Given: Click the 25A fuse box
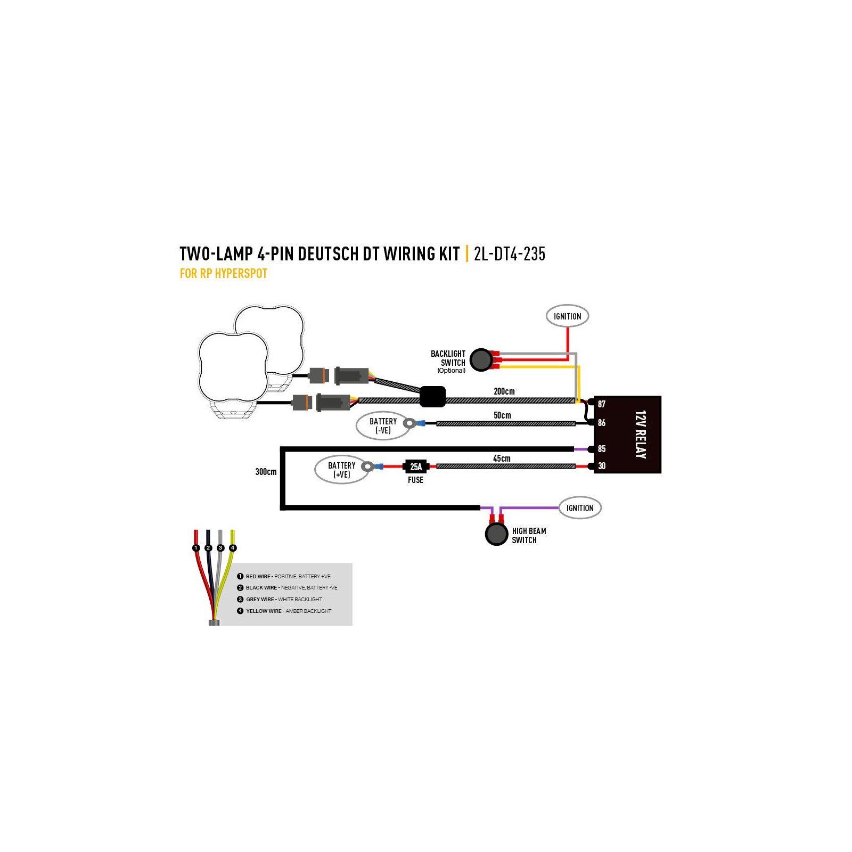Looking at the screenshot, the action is (x=416, y=466).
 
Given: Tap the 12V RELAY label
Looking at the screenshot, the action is (x=641, y=435).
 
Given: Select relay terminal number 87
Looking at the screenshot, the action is (x=601, y=404).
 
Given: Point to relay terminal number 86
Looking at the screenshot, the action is (x=601, y=423).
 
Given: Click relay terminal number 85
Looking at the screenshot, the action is (x=601, y=449).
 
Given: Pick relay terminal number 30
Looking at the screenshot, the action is (x=601, y=466).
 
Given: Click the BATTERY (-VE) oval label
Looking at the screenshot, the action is (x=383, y=425).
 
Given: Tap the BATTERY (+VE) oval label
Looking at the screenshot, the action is (x=342, y=470).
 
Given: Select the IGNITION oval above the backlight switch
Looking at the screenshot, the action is (x=568, y=316).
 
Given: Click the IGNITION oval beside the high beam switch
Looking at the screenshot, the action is (x=580, y=508).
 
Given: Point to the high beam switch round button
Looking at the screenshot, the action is (x=497, y=535).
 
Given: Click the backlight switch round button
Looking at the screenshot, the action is (x=481, y=360).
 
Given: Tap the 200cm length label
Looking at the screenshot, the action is (x=504, y=391).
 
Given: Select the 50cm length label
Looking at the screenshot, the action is (x=502, y=415).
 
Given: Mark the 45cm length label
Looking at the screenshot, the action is (x=502, y=458).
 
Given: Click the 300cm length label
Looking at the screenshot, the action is (x=266, y=472).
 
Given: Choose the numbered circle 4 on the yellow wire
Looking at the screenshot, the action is (x=233, y=548).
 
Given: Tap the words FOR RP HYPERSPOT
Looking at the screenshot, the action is (x=224, y=274).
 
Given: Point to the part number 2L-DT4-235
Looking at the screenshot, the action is (x=510, y=254).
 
